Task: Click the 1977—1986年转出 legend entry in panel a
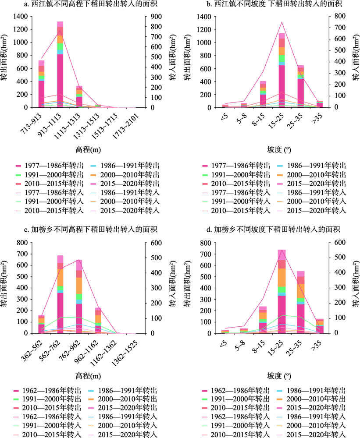pos(50,166)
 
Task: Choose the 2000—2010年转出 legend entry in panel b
pos(311,175)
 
